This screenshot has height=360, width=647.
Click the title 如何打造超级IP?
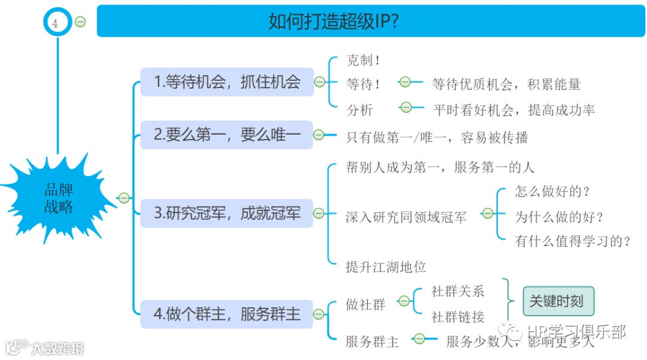click(334, 22)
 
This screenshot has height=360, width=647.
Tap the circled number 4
click(56, 24)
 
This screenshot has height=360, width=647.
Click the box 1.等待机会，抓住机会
click(227, 82)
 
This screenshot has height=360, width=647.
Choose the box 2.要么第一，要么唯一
click(227, 135)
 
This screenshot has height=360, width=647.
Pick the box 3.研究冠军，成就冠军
click(227, 213)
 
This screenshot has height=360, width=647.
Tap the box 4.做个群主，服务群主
click(227, 314)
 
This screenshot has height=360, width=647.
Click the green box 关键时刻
click(558, 301)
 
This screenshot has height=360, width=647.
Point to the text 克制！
click(364, 60)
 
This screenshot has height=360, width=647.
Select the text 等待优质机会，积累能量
click(506, 84)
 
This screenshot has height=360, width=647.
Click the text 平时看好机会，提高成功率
click(513, 110)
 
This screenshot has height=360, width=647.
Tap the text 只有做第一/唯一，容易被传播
click(437, 137)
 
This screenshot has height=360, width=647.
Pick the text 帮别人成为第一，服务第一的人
click(440, 167)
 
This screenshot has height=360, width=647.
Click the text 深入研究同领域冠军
click(406, 217)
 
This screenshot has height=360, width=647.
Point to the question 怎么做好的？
click(553, 192)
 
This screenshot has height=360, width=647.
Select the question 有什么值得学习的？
click(573, 241)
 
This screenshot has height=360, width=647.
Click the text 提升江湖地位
click(386, 267)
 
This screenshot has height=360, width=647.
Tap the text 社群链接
click(458, 317)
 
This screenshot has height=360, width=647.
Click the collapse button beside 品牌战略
click(124, 198)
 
